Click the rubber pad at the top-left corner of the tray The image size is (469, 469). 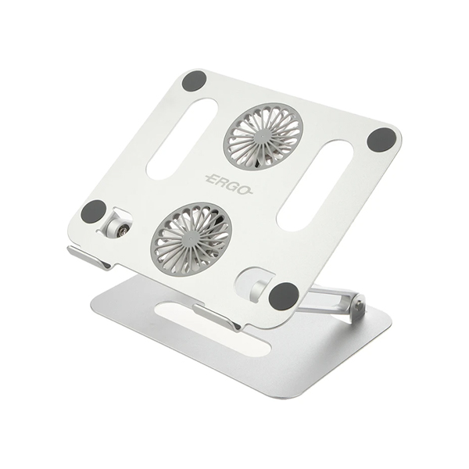point(194,81)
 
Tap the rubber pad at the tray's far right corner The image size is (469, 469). point(381,140)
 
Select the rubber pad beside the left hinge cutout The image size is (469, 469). point(94,212)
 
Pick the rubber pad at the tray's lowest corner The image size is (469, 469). point(284,295)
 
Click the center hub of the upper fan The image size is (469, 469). point(263,136)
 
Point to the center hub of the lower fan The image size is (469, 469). point(191,235)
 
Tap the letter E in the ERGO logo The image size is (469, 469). point(213,180)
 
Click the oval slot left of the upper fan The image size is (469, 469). point(182,138)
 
